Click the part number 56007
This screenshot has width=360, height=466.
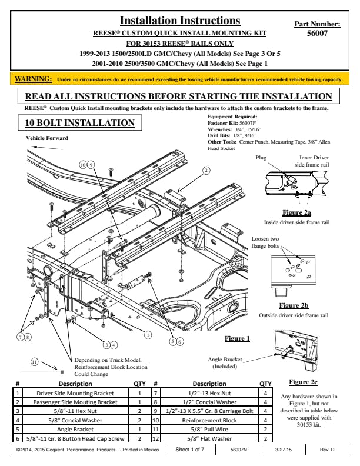click(x=317, y=34)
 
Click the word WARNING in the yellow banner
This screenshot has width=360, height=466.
click(x=33, y=78)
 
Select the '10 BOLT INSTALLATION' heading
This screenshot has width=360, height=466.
click(x=76, y=122)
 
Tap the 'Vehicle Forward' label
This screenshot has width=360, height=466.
click(x=47, y=138)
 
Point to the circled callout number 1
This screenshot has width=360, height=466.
click(x=148, y=334)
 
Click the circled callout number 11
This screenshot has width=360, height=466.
click(x=35, y=362)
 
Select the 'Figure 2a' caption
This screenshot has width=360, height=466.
click(x=296, y=212)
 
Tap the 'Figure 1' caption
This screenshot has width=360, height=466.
click(x=237, y=338)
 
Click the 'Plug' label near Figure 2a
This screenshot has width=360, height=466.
click(x=261, y=158)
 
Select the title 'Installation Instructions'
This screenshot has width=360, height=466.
click(x=179, y=22)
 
